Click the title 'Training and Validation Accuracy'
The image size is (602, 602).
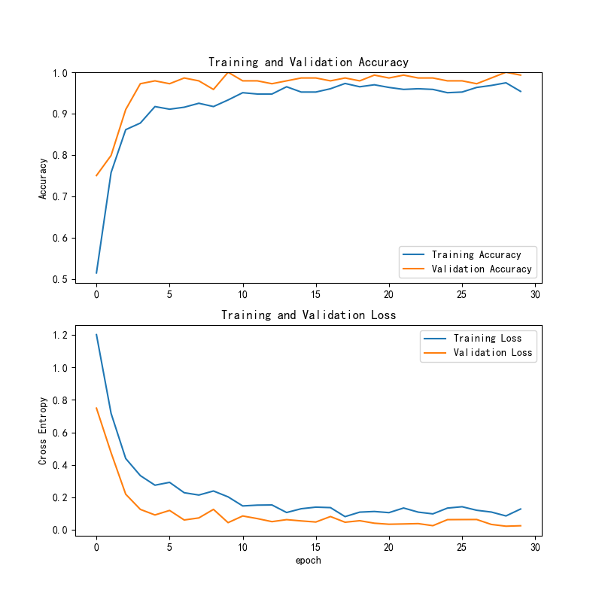click(x=308, y=62)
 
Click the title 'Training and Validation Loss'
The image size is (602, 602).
click(x=308, y=315)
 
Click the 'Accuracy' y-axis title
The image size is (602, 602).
click(x=44, y=178)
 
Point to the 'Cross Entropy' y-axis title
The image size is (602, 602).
click(x=44, y=430)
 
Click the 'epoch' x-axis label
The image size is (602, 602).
click(x=308, y=560)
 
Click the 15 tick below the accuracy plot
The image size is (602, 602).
click(x=315, y=294)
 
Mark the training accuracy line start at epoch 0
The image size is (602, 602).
click(x=96, y=272)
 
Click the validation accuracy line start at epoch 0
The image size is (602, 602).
click(x=96, y=175)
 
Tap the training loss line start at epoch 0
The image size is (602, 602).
click(x=96, y=335)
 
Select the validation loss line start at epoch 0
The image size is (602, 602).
click(x=96, y=408)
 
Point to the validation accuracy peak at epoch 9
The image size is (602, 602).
click(x=228, y=72)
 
